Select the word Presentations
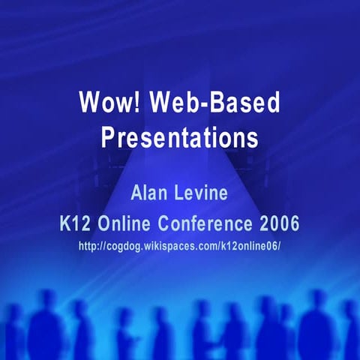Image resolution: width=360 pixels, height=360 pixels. point(179,137)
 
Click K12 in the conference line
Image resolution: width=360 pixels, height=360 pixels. point(73,223)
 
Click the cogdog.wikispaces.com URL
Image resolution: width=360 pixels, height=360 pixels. point(179,245)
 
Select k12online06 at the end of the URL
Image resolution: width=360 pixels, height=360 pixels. point(252,245)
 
